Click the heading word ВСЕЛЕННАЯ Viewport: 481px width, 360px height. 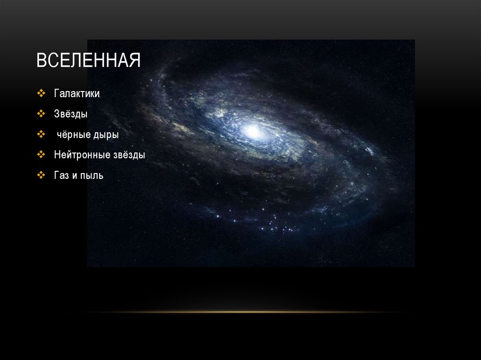(89, 61)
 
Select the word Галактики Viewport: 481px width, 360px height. (77, 94)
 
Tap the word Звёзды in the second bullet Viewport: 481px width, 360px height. (70, 114)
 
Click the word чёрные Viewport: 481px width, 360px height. (74, 135)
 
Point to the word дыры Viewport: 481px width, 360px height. (106, 135)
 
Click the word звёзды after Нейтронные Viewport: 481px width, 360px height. (128, 155)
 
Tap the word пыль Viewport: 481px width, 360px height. (92, 176)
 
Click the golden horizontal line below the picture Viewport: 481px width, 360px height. (240, 312)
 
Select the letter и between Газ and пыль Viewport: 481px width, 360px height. (74, 176)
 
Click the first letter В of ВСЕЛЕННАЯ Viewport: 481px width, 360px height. (41, 61)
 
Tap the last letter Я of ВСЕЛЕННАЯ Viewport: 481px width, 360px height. (135, 61)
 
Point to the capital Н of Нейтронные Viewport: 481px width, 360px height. (57, 155)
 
